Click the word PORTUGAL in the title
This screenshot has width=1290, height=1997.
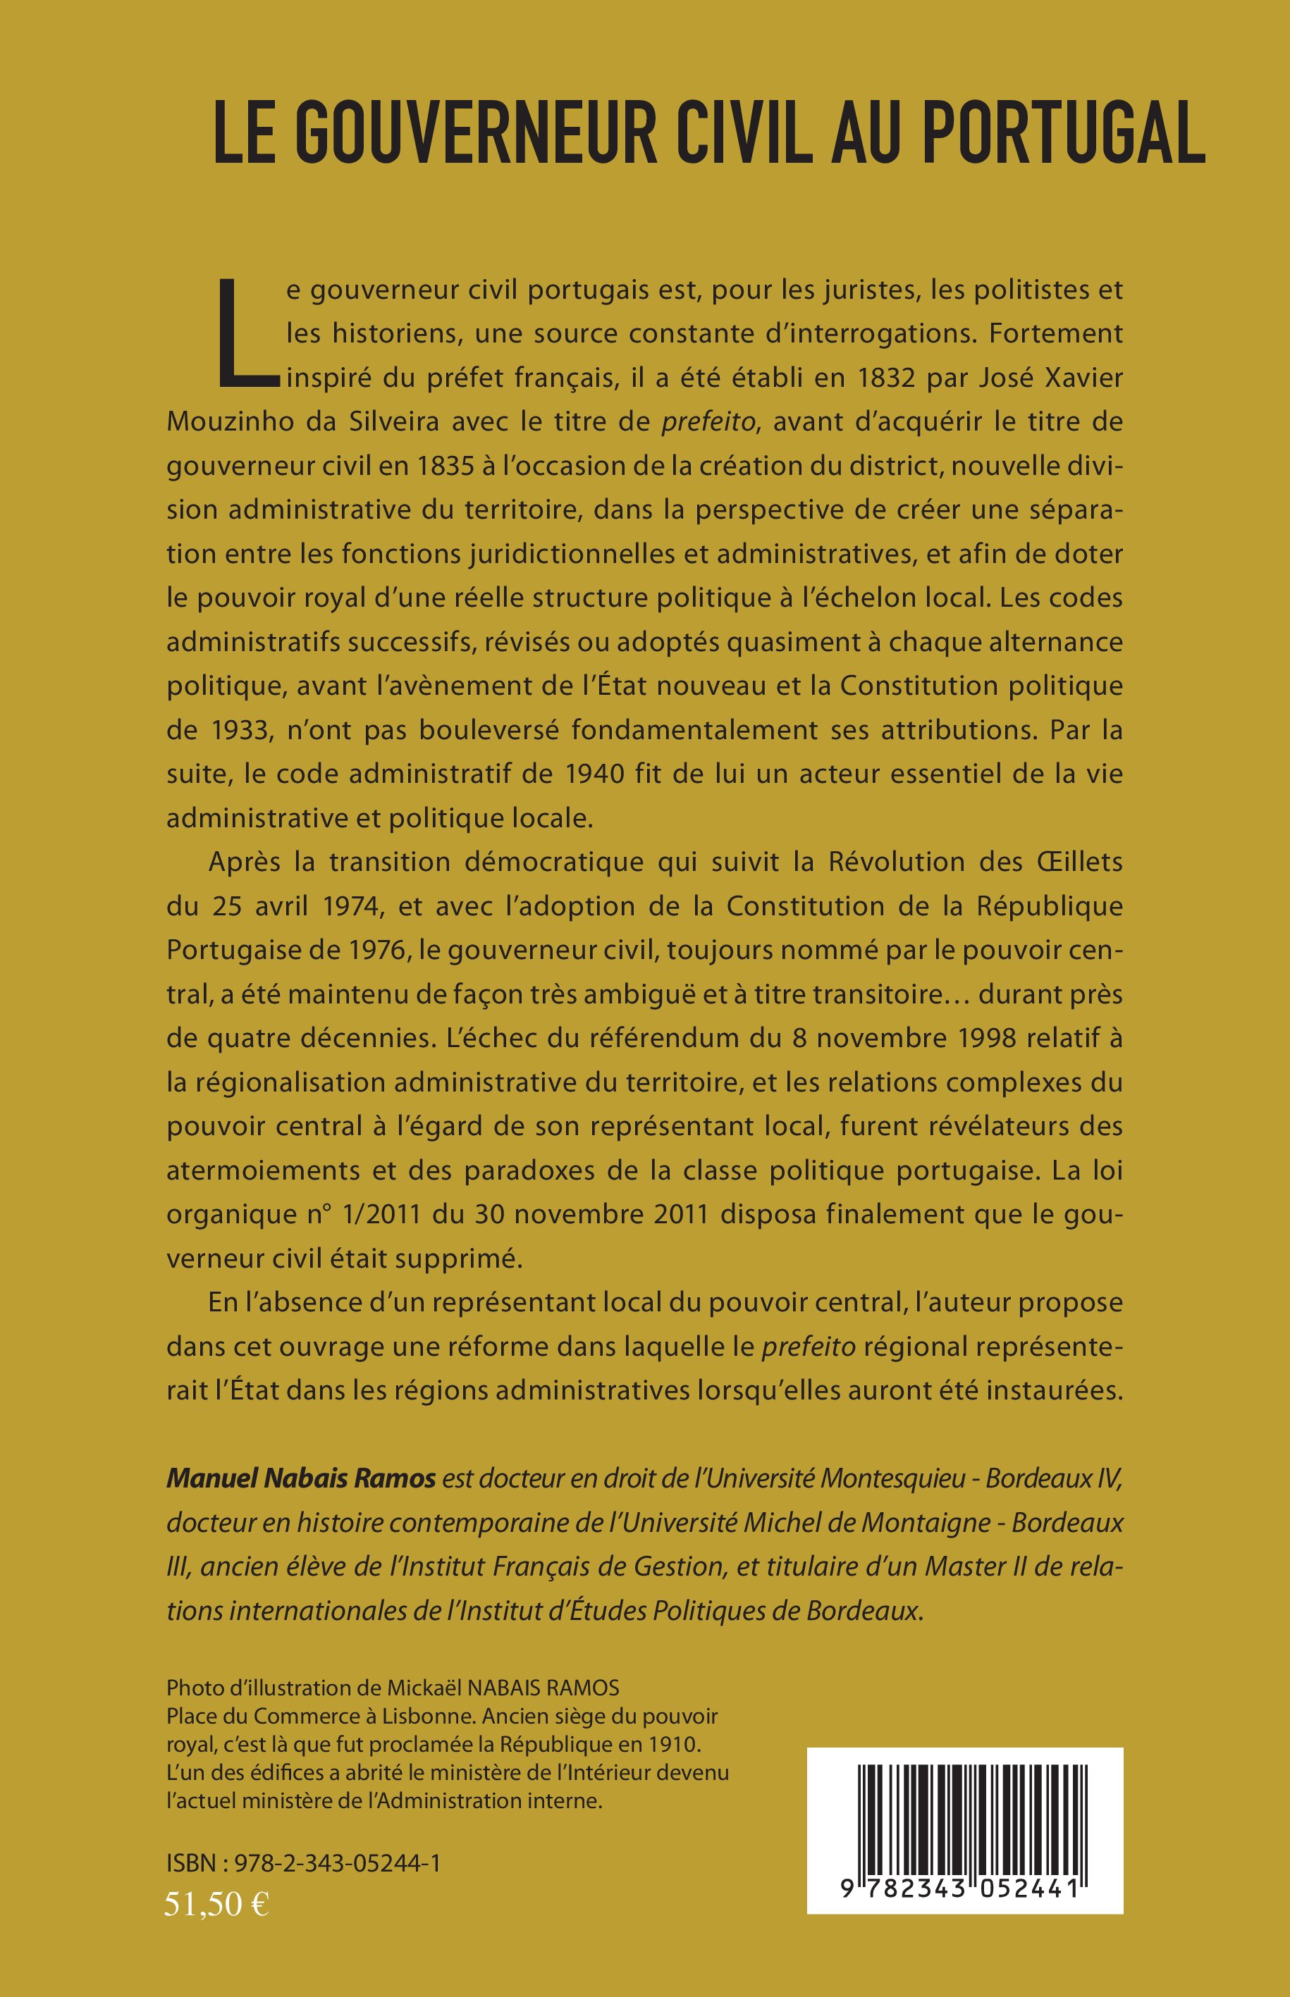pos(1064,132)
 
